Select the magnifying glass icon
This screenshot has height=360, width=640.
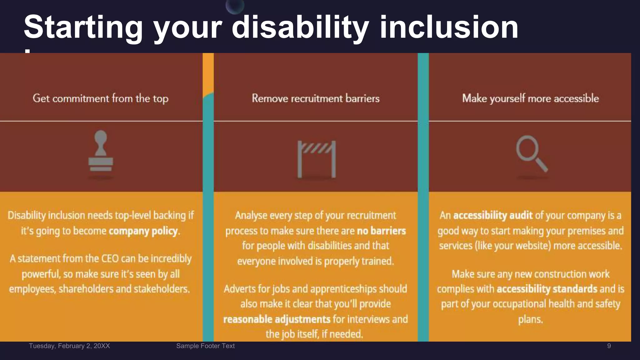point(531,153)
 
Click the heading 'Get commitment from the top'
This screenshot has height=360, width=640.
point(101,98)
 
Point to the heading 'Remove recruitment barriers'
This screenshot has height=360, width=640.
point(316,98)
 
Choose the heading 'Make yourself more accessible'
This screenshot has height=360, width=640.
point(530,98)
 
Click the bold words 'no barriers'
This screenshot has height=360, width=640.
point(381,231)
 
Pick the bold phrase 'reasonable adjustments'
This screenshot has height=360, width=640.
point(277,319)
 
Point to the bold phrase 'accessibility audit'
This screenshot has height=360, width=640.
point(493,215)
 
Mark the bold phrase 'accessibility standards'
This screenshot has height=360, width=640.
point(547,289)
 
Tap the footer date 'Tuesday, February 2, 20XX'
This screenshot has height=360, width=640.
point(69,346)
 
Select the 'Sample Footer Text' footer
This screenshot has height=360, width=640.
point(205,346)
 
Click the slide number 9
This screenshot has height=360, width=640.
point(609,346)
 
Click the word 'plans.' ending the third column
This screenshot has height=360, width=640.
point(530,319)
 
